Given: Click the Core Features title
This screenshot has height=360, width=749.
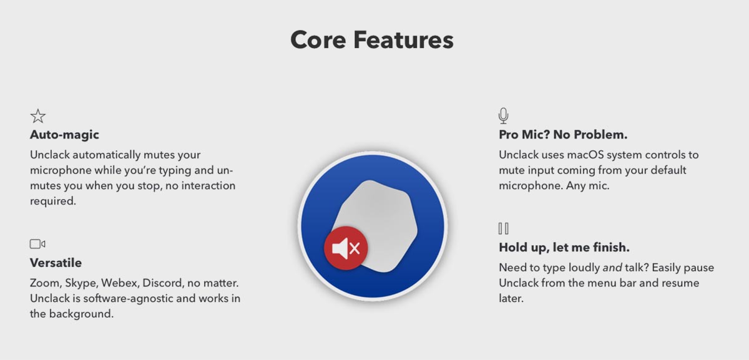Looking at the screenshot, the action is (x=372, y=40).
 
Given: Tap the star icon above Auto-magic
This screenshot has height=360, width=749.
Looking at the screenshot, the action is (x=38, y=116).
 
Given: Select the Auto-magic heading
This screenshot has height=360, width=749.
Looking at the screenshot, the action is (x=64, y=134).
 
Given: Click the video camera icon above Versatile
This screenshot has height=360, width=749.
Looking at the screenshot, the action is (x=37, y=244).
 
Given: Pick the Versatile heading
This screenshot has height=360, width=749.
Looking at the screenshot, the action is (x=56, y=263).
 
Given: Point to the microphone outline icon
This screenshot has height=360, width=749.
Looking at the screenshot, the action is (x=503, y=115).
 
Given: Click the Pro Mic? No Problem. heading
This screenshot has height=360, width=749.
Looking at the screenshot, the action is (x=563, y=134).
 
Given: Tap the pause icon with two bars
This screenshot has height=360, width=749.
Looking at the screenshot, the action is (x=503, y=228).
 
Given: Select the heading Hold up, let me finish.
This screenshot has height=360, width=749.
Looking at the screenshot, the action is (x=564, y=247).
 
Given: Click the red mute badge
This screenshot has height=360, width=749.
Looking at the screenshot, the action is (x=346, y=248).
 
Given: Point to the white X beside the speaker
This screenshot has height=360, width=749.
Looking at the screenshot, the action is (x=355, y=248).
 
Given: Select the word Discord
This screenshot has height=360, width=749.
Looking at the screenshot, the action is (x=163, y=283).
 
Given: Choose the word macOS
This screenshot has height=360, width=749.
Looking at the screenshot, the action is (x=585, y=155).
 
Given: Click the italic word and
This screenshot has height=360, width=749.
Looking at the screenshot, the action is (x=612, y=268).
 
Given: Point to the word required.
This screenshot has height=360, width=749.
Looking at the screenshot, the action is (x=53, y=202).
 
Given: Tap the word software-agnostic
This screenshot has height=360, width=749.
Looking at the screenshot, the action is (x=128, y=298).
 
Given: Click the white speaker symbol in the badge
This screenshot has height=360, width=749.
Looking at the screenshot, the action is (x=340, y=248).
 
